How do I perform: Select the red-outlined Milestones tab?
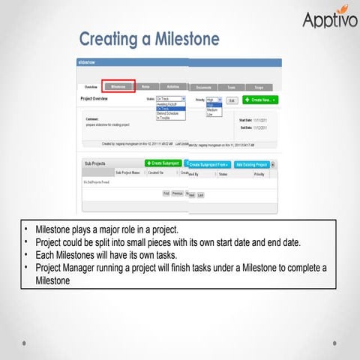pos(118,86)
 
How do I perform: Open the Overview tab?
pos(91,87)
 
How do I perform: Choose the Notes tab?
pos(145,86)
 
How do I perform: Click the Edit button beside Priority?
pos(231,100)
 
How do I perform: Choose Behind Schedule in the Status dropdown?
pos(168,113)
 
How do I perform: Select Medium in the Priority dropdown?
pos(213,109)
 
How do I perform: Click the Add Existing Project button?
pos(251,163)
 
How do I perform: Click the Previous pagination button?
pos(177,193)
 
